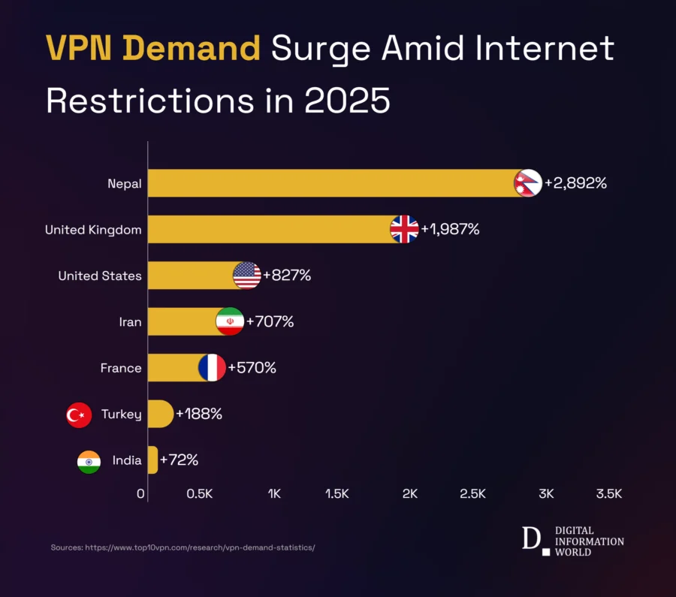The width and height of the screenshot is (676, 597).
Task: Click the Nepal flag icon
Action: coord(528,183)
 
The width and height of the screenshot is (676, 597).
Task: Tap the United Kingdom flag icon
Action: coord(405,229)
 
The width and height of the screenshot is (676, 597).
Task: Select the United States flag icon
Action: coord(247,276)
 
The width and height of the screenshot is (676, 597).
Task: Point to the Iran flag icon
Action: coord(230,321)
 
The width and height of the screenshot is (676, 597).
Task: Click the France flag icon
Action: coord(213,368)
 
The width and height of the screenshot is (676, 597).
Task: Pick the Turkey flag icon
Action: coord(79,415)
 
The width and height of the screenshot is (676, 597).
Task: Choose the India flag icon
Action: coord(89,461)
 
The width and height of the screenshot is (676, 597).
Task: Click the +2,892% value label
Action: coord(575,183)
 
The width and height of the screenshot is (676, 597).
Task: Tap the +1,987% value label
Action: coord(450,229)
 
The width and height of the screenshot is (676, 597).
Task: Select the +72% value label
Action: coord(179,460)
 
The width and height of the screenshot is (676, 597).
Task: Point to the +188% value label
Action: coord(198,414)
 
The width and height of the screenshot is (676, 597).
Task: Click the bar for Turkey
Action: coord(160,414)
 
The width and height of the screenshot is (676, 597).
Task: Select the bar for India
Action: coord(153,460)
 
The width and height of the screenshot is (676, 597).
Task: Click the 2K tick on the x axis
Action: coord(410,493)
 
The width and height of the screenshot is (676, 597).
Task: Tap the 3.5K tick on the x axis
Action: coord(609,493)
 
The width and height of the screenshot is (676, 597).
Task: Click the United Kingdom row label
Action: coord(93,230)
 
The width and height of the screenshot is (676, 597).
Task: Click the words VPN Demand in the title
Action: coord(153,50)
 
